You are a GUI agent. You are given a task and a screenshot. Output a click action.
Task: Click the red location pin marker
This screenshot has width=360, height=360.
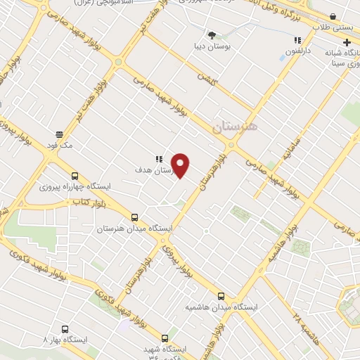tap(181, 165)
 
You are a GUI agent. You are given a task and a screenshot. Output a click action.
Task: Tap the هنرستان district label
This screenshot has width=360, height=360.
tap(235, 126)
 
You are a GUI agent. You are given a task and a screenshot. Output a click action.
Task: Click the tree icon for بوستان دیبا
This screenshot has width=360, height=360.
tap(212, 34)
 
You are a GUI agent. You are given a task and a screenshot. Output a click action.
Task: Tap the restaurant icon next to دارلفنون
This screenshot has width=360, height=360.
tap(297, 40)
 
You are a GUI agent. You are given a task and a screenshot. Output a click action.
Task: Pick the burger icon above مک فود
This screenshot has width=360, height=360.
tap(59, 134)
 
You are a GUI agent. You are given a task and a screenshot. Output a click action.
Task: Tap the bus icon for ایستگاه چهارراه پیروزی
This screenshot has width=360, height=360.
tap(75, 176)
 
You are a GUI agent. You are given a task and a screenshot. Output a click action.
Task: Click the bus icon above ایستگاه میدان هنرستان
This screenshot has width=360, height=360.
tap(134, 218)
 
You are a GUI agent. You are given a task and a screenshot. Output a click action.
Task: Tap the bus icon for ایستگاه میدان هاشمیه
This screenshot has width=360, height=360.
tap(221, 296)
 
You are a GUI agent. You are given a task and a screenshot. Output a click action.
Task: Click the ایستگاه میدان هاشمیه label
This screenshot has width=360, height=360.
tap(221, 307)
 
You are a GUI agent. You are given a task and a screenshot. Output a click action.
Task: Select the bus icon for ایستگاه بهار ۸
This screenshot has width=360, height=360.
tap(65, 328)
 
